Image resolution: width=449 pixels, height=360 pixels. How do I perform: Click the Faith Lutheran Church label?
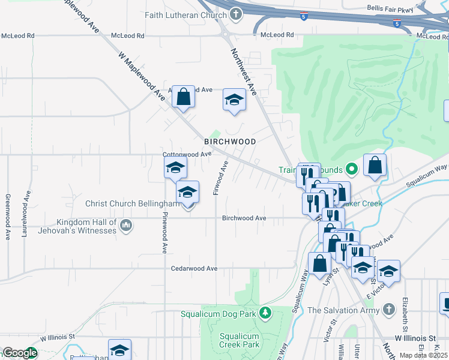185,14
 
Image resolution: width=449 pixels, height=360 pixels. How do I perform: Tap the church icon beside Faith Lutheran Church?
237,14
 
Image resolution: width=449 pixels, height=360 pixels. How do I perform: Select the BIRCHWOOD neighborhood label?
230,142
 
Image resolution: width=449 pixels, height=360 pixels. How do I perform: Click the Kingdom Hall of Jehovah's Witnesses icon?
126,226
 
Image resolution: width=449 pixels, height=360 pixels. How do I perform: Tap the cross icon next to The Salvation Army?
389,310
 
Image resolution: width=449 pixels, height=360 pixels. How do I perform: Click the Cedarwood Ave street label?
194,268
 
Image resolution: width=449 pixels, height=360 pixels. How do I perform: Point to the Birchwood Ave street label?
244,218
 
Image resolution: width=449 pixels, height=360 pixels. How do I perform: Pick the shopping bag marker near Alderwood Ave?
183,97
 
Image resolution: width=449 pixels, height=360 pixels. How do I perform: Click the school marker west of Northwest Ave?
234,101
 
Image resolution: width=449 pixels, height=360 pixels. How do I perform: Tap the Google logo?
20,353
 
